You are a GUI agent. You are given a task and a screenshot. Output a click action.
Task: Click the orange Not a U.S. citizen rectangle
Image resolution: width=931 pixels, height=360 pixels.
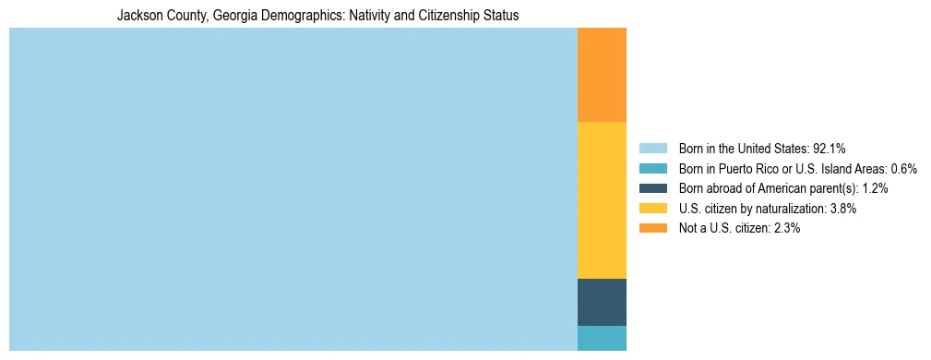(602, 75)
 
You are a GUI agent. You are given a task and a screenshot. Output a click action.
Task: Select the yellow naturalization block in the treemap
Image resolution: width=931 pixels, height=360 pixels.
(602, 199)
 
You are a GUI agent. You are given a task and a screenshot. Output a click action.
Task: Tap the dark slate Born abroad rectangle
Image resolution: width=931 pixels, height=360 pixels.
(602, 302)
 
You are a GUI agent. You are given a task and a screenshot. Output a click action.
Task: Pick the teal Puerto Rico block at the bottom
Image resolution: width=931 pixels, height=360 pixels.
(602, 338)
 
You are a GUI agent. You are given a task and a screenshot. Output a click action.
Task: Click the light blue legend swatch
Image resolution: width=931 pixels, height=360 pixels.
(652, 149)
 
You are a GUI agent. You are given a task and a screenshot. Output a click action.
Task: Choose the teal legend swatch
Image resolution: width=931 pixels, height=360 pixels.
(652, 169)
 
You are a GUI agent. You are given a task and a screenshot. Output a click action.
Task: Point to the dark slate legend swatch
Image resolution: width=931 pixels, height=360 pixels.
(652, 188)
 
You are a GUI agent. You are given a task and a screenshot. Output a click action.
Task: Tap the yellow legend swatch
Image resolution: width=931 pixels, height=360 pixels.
(652, 209)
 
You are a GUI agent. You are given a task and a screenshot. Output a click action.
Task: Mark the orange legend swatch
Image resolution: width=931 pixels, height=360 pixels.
(652, 228)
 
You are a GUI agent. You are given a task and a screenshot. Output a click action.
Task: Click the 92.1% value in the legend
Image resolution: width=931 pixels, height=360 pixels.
(830, 149)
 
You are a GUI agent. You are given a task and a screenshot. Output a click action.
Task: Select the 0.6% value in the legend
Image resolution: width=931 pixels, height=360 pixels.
(903, 169)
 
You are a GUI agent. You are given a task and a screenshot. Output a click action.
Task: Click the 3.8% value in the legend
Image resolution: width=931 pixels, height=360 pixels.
(843, 209)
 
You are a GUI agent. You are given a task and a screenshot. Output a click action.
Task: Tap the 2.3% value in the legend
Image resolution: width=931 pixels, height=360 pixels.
(786, 228)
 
